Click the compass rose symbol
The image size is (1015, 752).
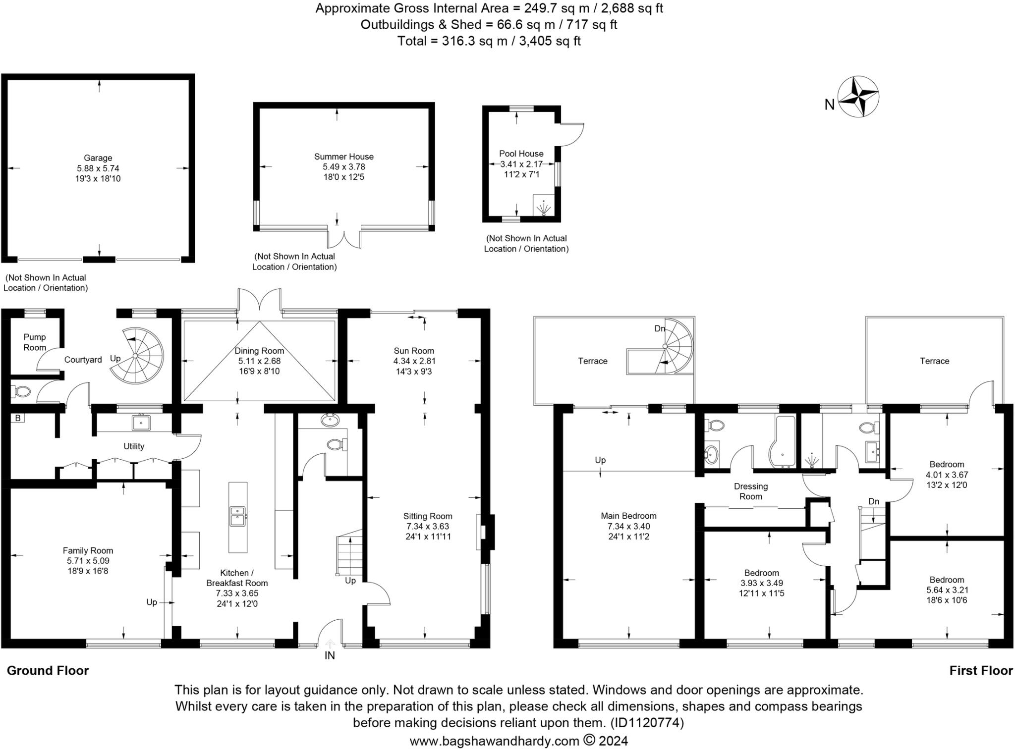coord(858,97)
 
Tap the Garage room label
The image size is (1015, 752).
coord(98,158)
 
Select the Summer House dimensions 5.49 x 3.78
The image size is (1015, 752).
coord(343,167)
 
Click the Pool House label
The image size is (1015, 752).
coord(521,154)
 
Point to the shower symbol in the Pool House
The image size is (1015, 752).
coord(544,208)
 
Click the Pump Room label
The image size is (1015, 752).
coord(35,342)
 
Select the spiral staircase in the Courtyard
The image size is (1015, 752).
coord(136,355)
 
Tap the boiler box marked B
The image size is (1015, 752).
coord(18,418)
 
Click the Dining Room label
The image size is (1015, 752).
coord(259,351)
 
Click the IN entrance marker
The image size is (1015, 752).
coord(330,655)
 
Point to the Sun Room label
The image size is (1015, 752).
coord(414,351)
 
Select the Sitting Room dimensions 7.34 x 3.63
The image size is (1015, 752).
coord(428,526)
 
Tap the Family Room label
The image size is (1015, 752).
coord(88,550)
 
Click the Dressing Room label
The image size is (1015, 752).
coord(751,491)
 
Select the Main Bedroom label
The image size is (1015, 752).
coord(628,516)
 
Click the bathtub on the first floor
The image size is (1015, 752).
coord(783,442)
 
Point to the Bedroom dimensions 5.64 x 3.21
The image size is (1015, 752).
coord(947,590)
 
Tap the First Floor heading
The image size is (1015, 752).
coord(980,671)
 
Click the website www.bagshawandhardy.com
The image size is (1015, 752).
coord(494,741)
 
